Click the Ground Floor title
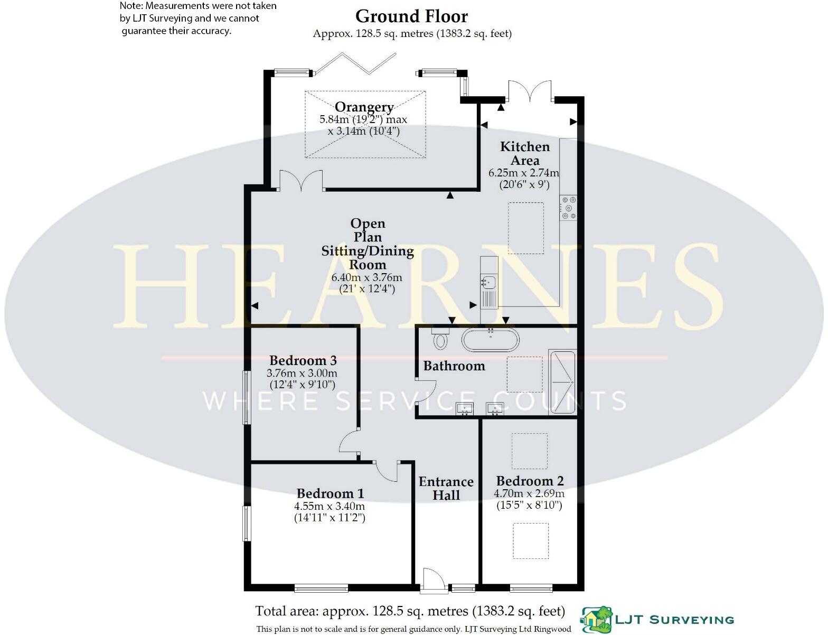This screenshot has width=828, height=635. tap(411, 16)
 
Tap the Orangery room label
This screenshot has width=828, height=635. tap(364, 107)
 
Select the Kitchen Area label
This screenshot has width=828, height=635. tap(525, 153)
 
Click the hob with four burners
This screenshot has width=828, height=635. tap(569, 208)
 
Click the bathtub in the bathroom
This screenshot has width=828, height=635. tap(490, 340)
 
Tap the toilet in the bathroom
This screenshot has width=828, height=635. tap(440, 339)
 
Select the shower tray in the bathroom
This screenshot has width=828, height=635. tap(562, 381)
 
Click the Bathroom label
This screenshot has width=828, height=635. tap(454, 366)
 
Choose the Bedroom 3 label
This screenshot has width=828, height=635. tap(303, 360)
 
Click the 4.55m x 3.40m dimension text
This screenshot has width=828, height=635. tap(330, 506)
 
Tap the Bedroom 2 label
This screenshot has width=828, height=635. tap(530, 481)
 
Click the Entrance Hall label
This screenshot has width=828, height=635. tap(446, 488)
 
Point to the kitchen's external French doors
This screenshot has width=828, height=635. tap(530, 91)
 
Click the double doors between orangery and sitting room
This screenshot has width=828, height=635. tap(301, 181)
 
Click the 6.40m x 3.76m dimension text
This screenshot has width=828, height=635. tap(366, 277)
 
